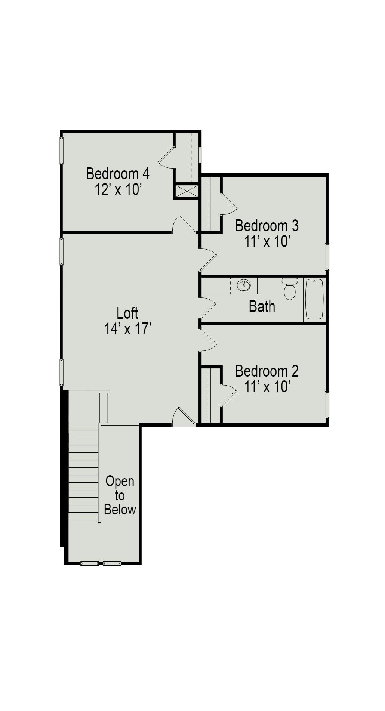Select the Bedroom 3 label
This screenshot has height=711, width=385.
click(x=267, y=226)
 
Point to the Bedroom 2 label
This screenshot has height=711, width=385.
click(x=267, y=371)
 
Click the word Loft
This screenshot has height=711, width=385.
click(x=127, y=313)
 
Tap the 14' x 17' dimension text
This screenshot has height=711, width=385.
click(x=127, y=329)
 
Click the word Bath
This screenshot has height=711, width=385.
click(x=262, y=306)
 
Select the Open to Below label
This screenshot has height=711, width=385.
click(x=120, y=495)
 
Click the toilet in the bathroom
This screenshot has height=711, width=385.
click(x=289, y=288)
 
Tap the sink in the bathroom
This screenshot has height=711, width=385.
click(x=244, y=285)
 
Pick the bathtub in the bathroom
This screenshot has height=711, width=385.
click(x=314, y=299)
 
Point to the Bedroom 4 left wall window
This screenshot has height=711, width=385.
click(x=61, y=150)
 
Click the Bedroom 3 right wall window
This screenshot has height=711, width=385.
click(x=327, y=256)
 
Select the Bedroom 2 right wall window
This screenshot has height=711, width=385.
click(x=327, y=404)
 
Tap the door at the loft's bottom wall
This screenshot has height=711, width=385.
click(x=184, y=418)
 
